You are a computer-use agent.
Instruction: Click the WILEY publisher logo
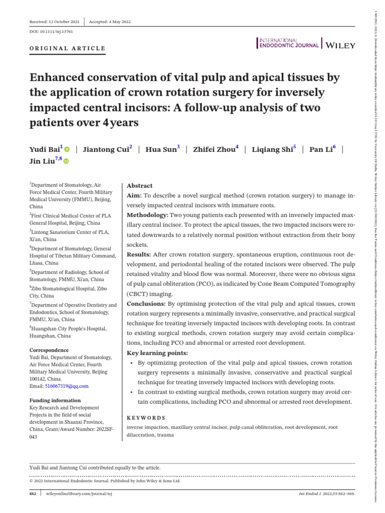340,45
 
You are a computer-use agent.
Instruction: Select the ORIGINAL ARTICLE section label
68,49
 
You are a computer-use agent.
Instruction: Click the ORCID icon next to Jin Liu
65,161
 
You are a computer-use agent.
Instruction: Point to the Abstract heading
140,185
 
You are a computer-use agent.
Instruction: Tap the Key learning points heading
156,353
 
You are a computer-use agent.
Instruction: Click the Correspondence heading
49,350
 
